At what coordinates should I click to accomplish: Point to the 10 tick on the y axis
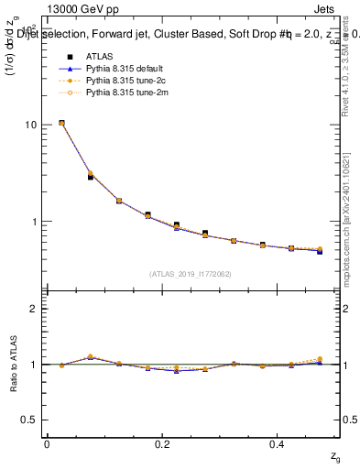click(x=32, y=125)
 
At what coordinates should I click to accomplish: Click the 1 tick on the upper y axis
click(x=35, y=222)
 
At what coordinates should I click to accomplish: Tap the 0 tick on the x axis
click(x=47, y=444)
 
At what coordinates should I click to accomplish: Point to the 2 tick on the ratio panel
click(x=35, y=309)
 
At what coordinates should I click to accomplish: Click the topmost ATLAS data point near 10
click(x=61, y=123)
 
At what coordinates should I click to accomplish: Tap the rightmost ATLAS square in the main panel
click(x=320, y=250)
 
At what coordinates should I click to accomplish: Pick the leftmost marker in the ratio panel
click(x=61, y=365)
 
